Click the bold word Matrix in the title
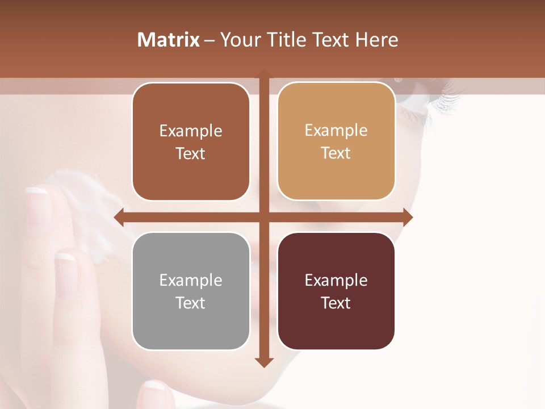pos(168,40)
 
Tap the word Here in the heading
pos(376,40)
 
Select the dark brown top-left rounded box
pos(191,142)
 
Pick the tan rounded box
pos(336,141)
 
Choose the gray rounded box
pos(191,291)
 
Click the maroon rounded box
pos(336,291)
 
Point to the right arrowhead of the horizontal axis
pos(408,217)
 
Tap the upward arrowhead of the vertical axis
pos(264,73)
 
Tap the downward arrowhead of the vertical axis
pos(264,362)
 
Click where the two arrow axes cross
pos(264,217)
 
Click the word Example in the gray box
pos(191,280)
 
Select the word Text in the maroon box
pos(336,303)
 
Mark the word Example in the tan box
pos(336,130)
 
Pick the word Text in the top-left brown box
pos(191,153)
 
